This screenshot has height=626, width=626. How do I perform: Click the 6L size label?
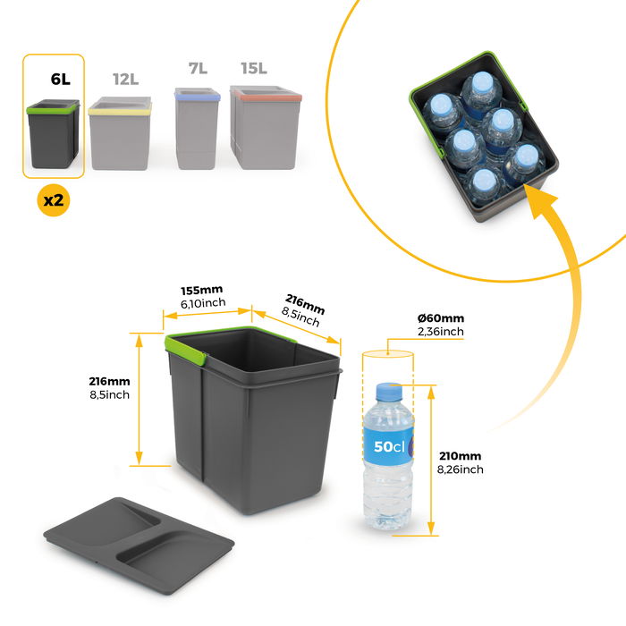(60, 79)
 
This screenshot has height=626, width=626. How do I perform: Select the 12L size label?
(125, 79)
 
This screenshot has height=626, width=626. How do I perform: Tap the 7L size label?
(198, 69)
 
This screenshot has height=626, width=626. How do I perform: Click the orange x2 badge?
(54, 200)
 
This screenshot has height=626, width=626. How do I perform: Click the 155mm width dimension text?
(200, 292)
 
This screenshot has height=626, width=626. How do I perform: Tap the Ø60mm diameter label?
(441, 318)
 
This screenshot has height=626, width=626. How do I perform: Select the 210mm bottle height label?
(460, 455)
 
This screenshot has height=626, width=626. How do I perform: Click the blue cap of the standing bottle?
(387, 392)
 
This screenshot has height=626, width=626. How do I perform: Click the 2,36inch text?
(441, 332)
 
